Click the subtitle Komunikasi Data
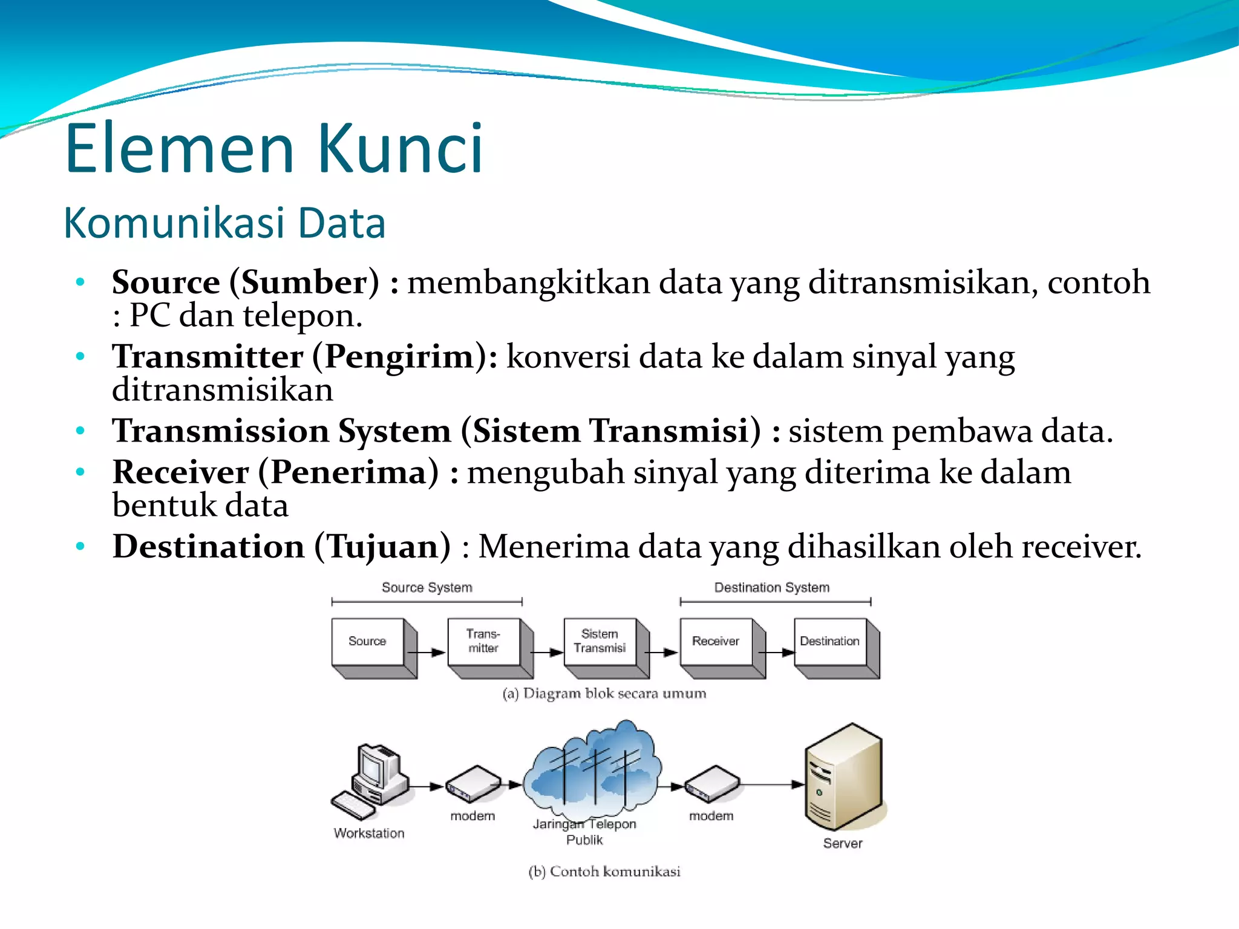[224, 223]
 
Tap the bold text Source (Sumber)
[246, 282]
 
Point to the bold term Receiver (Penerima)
[275, 472]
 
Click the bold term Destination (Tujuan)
[281, 547]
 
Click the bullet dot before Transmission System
[80, 431]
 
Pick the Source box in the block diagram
[367, 642]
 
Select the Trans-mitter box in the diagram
[483, 642]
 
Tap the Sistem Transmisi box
[599, 642]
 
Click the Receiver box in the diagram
[715, 642]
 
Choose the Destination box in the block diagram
[829, 642]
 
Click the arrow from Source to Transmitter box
[427, 653]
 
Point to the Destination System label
[771, 587]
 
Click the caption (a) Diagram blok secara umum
[604, 694]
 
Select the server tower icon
[843, 777]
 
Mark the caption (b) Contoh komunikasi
[604, 872]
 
